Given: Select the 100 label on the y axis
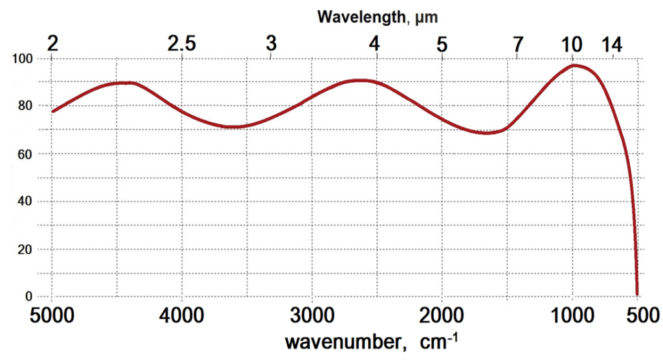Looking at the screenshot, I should pyautogui.click(x=25, y=59).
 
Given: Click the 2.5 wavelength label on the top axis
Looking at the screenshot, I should pyautogui.click(x=181, y=44).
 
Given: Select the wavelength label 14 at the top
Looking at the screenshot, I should pyautogui.click(x=612, y=44).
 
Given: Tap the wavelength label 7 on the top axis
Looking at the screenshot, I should pyautogui.click(x=517, y=44).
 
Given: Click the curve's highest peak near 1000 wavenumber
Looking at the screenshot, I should pyautogui.click(x=574, y=65).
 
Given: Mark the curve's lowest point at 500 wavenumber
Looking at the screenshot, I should pyautogui.click(x=638, y=295).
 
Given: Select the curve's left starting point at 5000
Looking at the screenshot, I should pyautogui.click(x=52, y=111).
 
